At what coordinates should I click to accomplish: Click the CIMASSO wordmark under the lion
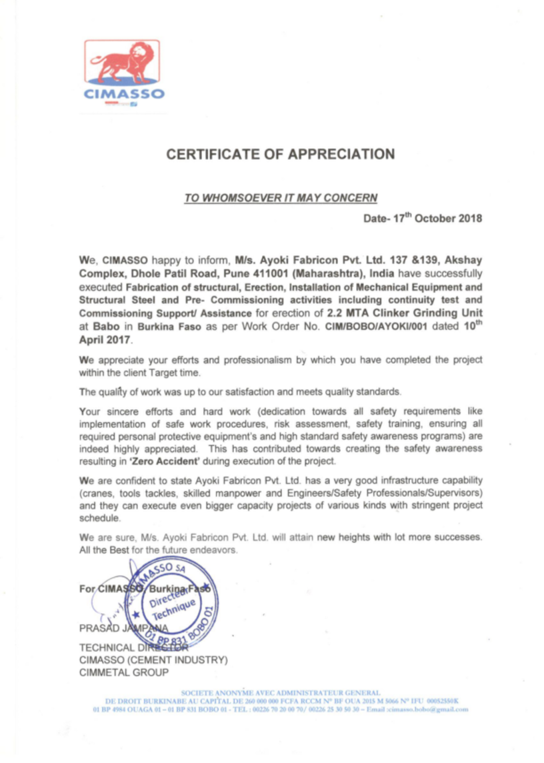coord(124,94)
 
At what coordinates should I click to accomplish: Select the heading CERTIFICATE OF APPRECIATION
coord(281,155)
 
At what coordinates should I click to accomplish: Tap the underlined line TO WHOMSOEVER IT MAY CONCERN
coord(281,197)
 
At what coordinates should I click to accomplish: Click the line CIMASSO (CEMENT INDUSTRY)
coord(153,660)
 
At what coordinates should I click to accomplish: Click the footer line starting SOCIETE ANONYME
coord(281,693)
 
